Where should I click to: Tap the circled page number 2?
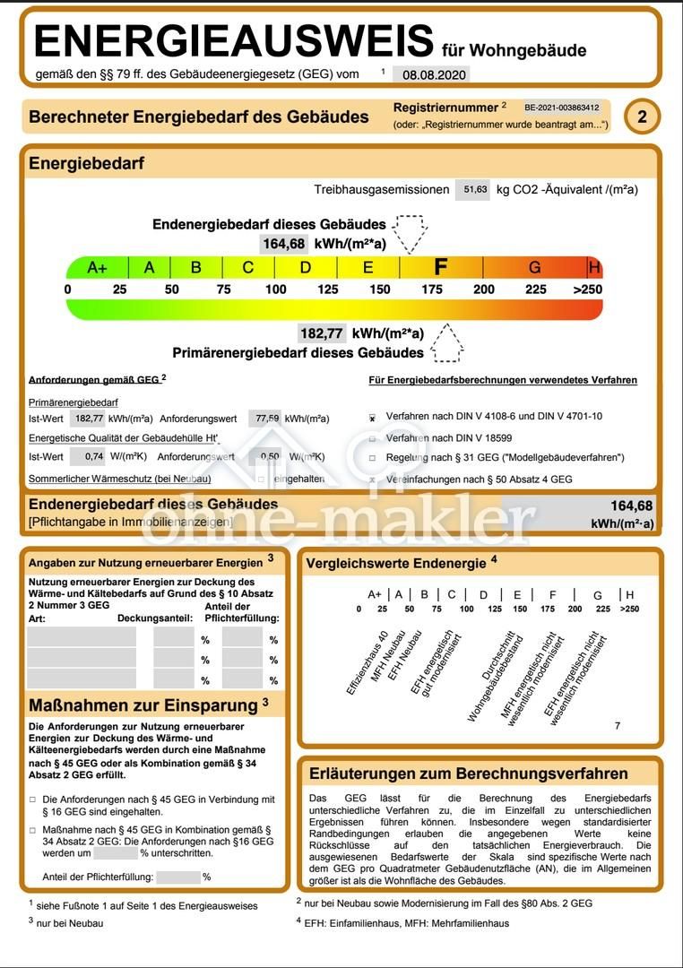pyautogui.click(x=642, y=117)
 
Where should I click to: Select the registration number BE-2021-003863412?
pyautogui.click(x=562, y=108)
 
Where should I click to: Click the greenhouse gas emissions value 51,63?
pyautogui.click(x=473, y=189)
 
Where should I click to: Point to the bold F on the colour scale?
pyautogui.click(x=440, y=267)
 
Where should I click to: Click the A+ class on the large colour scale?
pyautogui.click(x=98, y=267)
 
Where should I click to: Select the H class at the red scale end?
pyautogui.click(x=594, y=267)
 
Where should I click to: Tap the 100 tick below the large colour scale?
pyautogui.click(x=276, y=290)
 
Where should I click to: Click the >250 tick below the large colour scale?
pyautogui.click(x=588, y=290)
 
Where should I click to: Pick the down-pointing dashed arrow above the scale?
pyautogui.click(x=411, y=233)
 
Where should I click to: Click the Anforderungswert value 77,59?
pyautogui.click(x=265, y=418)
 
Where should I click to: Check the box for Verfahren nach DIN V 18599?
pyautogui.click(x=373, y=438)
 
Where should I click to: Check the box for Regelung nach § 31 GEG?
pyautogui.click(x=373, y=458)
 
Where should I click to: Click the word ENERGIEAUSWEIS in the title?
pyautogui.click(x=234, y=40)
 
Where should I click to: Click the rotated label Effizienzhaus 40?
pyautogui.click(x=367, y=664)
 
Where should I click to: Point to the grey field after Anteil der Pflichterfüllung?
pyautogui.click(x=178, y=877)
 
